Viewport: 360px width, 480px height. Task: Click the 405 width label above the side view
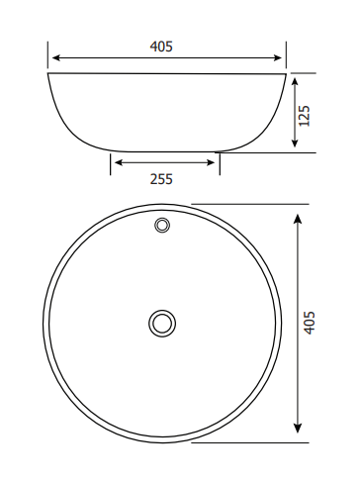coord(161,47)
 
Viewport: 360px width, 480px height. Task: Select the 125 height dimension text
coord(304,116)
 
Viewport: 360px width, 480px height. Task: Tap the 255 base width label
coord(161,179)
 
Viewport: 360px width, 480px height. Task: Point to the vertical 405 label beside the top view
coord(309,323)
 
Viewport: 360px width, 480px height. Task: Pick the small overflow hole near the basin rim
coord(162,226)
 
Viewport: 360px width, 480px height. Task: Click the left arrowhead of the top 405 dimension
coord(56,58)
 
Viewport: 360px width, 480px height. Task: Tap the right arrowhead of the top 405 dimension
coord(278,58)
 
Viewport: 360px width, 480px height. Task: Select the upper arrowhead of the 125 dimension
coord(295,81)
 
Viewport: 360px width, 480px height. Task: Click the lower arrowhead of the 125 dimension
coord(295,144)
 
